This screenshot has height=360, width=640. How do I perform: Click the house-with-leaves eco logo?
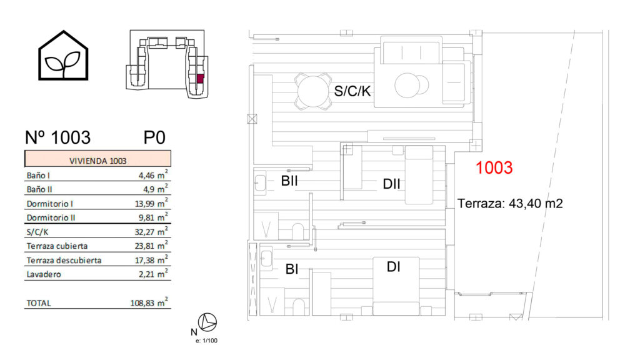63,56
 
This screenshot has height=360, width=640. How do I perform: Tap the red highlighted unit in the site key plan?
201,79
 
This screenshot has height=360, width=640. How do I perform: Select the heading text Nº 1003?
57,137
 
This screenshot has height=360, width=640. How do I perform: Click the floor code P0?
154,137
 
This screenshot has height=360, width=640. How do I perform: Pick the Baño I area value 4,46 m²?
153,175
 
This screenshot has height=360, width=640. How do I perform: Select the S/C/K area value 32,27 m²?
151,231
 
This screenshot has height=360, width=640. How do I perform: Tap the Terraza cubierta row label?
57,246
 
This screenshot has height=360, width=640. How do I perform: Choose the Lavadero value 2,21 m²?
153,274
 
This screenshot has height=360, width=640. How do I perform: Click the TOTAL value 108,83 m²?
149,302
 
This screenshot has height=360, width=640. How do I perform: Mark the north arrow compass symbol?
207,322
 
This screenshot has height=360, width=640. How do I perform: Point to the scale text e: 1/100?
206,341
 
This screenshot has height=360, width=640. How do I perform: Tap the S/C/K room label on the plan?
352,91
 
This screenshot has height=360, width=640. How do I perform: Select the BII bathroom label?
289,181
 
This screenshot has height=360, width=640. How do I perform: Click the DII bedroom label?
391,184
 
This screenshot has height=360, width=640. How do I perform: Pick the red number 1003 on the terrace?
494,167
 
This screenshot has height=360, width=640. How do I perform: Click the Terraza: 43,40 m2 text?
510,203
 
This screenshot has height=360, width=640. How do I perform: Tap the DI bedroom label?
394,267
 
